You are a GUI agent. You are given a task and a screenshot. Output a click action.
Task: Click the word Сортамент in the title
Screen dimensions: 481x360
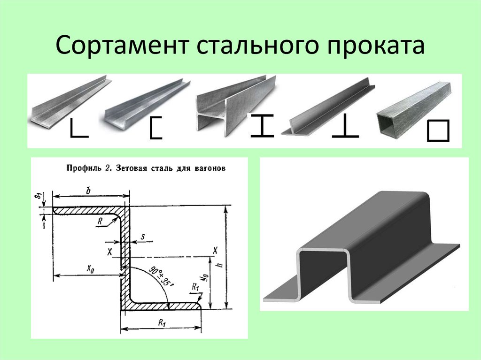[122, 45]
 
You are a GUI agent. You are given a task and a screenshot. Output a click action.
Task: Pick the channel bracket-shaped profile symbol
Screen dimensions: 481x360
[155, 128]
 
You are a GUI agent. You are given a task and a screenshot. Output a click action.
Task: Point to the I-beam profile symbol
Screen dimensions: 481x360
[262, 125]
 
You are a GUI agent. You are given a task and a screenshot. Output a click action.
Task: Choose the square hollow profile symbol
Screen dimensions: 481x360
[438, 130]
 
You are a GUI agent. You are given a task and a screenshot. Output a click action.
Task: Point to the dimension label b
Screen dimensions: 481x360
[88, 191]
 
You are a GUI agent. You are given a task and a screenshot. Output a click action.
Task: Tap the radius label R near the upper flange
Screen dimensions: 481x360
[100, 222]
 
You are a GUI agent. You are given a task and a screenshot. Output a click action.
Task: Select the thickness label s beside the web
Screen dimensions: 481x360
[143, 237]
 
